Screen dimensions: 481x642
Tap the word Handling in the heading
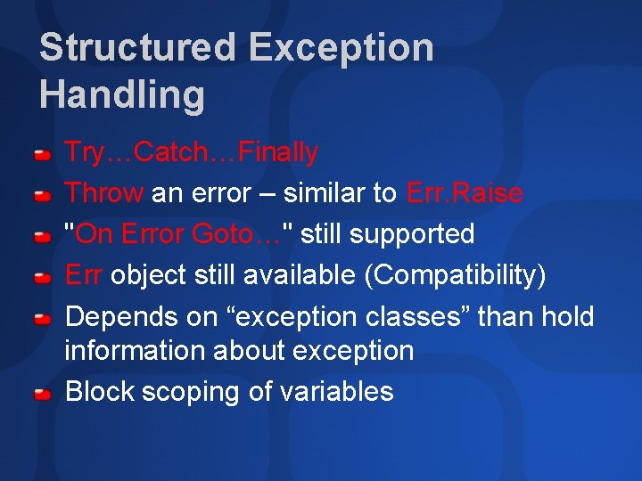122,94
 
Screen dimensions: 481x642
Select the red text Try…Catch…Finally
192,152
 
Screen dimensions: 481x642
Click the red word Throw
104,192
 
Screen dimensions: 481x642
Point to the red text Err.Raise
465,192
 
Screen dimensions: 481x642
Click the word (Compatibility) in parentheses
455,275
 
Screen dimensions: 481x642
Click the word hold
568,317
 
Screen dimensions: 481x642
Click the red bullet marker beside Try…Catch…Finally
42,155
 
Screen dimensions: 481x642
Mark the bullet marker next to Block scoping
42,394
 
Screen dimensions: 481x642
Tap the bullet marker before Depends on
42,319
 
